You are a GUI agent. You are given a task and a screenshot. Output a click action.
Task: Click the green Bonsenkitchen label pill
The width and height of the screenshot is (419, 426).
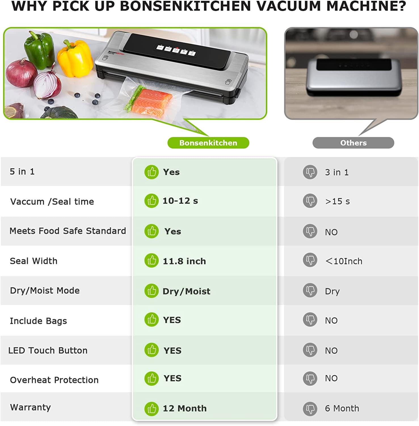coord(208,143)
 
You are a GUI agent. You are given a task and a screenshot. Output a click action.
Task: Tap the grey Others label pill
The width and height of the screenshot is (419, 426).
coord(353,143)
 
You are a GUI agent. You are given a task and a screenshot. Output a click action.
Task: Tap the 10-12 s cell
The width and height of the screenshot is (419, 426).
coord(180,201)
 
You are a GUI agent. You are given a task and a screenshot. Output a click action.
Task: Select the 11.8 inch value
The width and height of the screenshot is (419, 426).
coord(184,261)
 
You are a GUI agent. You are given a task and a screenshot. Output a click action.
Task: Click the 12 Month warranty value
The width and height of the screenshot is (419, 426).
coord(184,408)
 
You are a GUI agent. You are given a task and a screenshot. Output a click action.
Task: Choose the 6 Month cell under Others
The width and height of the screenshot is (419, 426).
coord(342,408)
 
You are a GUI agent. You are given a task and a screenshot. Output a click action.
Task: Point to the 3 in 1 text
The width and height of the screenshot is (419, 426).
coord(337,172)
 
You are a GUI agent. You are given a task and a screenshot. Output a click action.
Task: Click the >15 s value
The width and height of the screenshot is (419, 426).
coord(337,201)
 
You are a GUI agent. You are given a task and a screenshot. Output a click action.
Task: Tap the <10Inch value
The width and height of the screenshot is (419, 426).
coord(344,261)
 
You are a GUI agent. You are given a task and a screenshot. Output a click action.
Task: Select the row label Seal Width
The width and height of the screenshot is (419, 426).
coord(33,261)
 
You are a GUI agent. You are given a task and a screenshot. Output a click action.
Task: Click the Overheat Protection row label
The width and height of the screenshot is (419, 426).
coord(54,380)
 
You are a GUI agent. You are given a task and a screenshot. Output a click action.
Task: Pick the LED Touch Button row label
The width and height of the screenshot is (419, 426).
coord(48,350)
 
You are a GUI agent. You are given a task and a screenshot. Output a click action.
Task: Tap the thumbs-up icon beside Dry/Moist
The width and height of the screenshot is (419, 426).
coord(151,291)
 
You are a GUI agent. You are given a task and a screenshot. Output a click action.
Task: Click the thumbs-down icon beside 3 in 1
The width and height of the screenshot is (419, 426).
coord(310,172)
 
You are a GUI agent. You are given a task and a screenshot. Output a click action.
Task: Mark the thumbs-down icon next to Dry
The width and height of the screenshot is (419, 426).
coord(310,291)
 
